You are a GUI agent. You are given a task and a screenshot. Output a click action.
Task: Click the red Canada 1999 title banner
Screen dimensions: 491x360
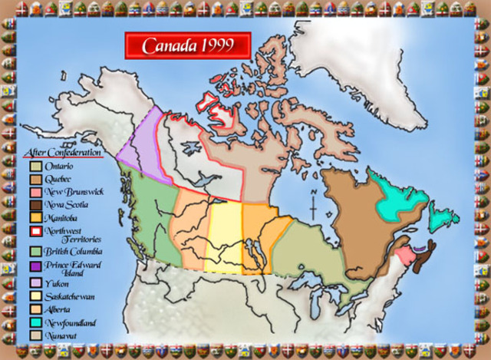click(x=187, y=45)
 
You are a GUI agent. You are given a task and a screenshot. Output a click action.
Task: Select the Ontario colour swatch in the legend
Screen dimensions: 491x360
click(x=35, y=166)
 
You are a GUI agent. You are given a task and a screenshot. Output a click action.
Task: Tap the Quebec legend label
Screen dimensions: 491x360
click(x=60, y=177)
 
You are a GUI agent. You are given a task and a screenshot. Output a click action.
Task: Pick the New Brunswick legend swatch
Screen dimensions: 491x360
click(x=35, y=191)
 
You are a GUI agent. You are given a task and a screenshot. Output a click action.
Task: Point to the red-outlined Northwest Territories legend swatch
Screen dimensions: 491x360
click(x=35, y=230)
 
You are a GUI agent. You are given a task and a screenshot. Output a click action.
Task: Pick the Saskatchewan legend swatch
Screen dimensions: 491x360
click(x=35, y=296)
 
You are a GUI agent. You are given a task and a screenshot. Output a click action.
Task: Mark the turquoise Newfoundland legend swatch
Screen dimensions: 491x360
click(x=35, y=322)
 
